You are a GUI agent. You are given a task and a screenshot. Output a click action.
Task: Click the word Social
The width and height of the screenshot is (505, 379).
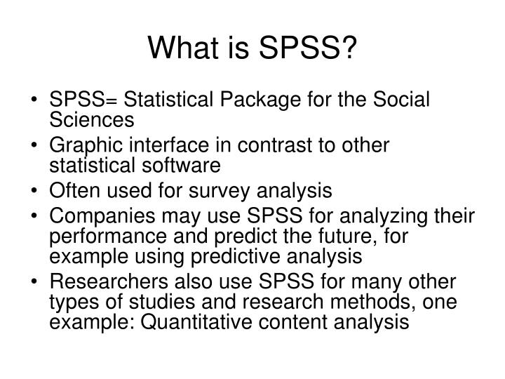click(400, 100)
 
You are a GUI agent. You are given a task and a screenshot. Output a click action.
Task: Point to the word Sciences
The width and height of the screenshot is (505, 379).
click(91, 120)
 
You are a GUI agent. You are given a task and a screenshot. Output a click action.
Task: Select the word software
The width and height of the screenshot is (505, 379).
click(180, 166)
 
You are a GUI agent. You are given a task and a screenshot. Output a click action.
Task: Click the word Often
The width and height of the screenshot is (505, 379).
click(72, 190)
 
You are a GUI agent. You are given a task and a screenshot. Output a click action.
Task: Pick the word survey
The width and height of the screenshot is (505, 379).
click(210, 190)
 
